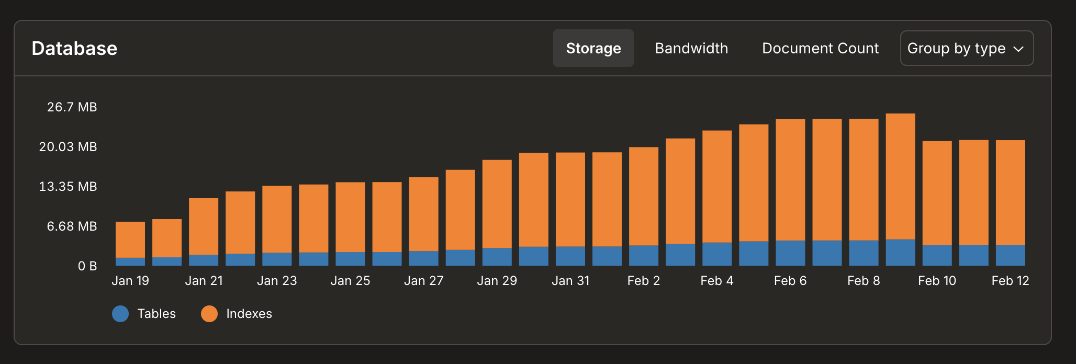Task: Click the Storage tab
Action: [x=593, y=48]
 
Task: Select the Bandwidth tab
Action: [x=691, y=48]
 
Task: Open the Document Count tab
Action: [x=820, y=48]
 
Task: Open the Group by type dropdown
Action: [x=966, y=48]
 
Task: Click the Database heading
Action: [x=74, y=48]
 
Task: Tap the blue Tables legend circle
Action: [x=120, y=314]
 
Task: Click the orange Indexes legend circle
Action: [x=209, y=314]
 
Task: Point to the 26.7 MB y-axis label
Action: [x=72, y=107]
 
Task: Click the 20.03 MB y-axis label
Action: [x=68, y=147]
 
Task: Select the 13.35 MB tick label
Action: [x=68, y=187]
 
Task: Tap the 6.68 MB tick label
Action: [x=72, y=226]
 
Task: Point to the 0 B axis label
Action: [x=87, y=266]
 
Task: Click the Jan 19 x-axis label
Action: [x=130, y=281]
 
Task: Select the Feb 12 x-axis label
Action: [x=1010, y=281]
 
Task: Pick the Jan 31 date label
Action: [x=570, y=281]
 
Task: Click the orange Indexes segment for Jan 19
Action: [x=130, y=240]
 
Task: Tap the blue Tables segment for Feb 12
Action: [x=1010, y=255]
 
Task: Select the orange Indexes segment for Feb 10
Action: [x=937, y=192]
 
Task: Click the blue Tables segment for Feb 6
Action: [x=790, y=253]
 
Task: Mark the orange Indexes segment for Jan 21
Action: [x=204, y=226]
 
